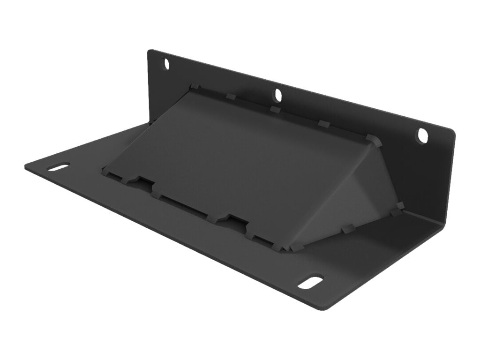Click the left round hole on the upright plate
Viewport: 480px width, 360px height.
coord(166,63)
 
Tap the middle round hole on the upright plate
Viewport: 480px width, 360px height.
coord(278,95)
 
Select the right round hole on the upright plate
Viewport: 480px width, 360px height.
coord(422,135)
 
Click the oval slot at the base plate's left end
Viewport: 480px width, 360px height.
coord(58,167)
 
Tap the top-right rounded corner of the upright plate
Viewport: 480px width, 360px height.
coord(452,134)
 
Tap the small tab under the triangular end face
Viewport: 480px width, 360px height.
coord(347,228)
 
